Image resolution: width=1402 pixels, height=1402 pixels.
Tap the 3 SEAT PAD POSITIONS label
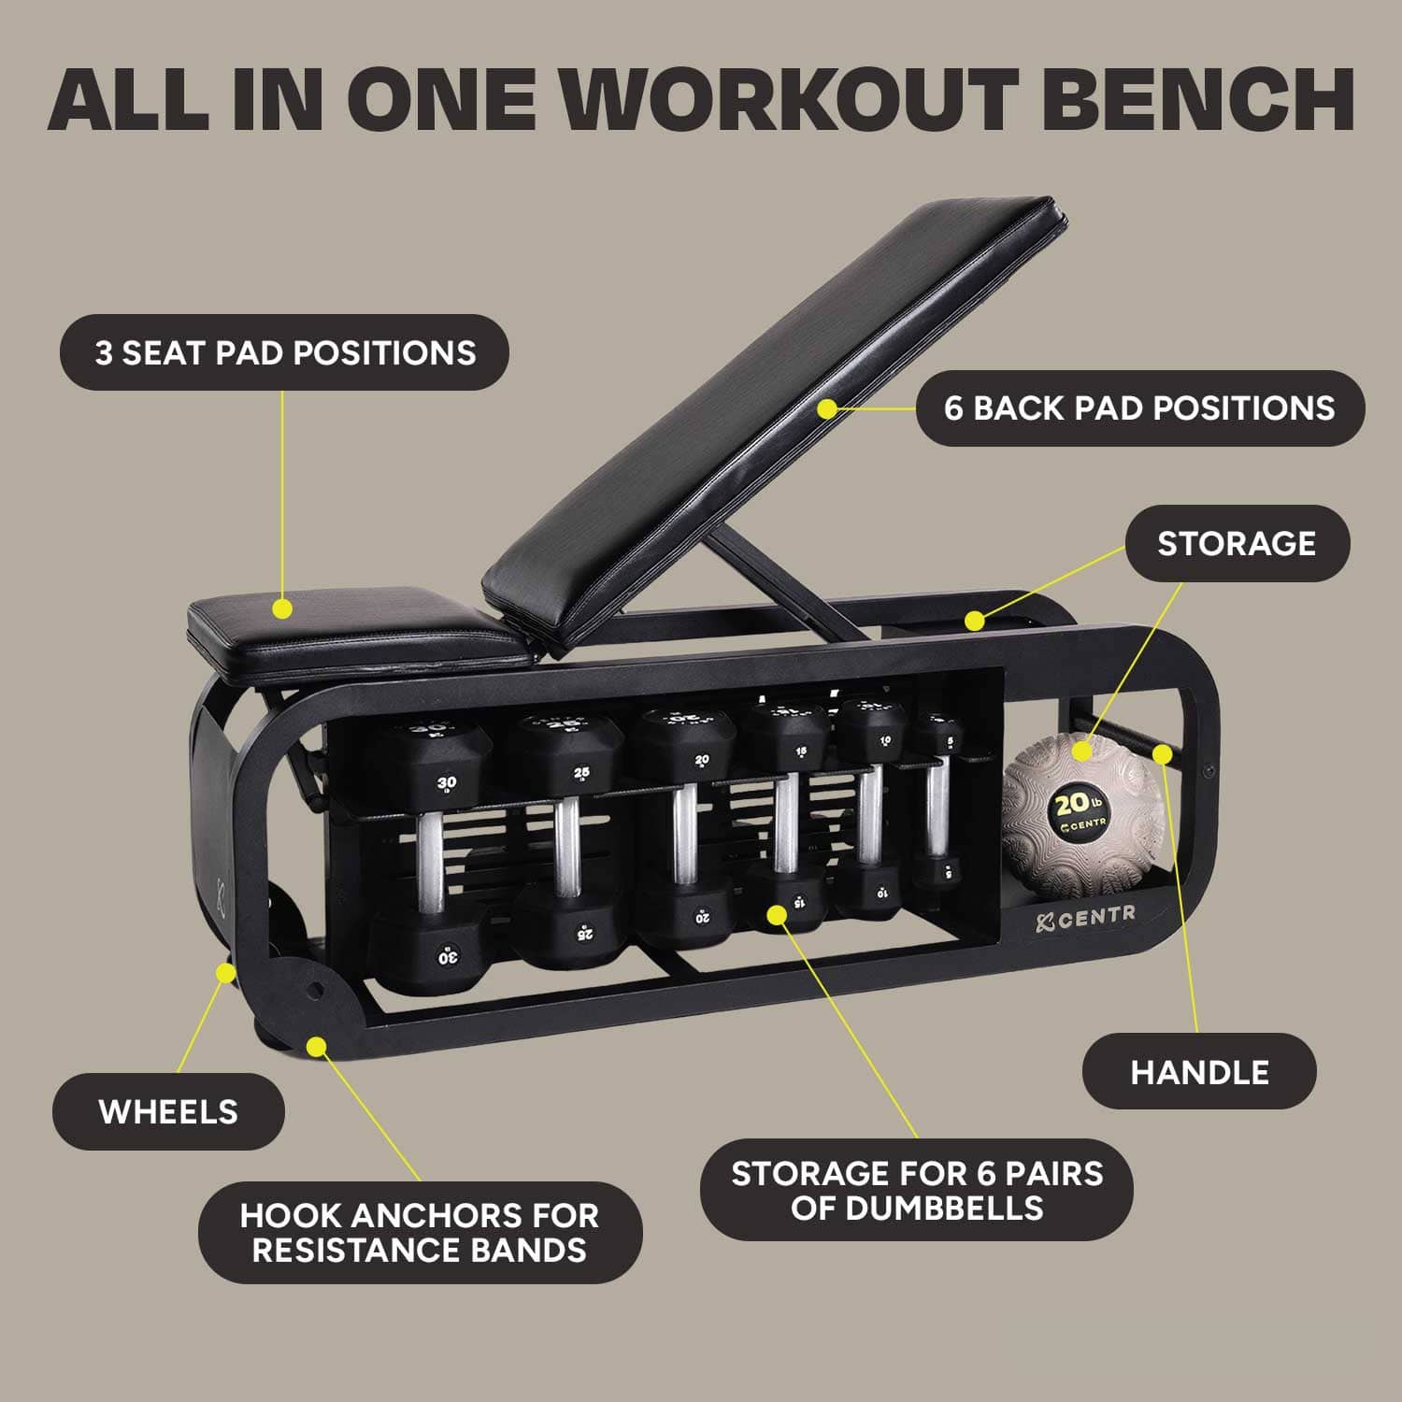[284, 352]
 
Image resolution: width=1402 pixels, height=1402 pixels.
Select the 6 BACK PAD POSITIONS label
[1139, 408]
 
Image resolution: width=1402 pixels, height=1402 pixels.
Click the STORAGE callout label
[1236, 544]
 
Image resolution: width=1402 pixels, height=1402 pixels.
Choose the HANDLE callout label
[1199, 1072]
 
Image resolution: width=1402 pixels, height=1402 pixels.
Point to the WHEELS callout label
[168, 1112]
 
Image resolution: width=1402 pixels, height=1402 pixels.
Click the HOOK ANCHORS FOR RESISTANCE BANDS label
[420, 1233]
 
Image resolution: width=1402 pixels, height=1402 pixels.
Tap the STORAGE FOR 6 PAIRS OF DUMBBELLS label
[916, 1190]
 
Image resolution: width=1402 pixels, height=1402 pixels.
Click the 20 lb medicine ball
[1084, 813]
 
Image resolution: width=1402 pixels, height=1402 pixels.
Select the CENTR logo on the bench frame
[1086, 919]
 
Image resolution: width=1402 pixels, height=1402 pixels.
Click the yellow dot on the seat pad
[282, 609]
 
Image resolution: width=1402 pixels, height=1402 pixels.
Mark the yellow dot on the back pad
[826, 408]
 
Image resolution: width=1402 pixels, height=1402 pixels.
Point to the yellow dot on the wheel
[225, 973]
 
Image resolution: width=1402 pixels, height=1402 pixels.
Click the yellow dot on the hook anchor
[318, 1046]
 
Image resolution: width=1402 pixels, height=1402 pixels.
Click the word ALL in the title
[128, 99]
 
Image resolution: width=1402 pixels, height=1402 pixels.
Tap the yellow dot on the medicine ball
[1082, 751]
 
